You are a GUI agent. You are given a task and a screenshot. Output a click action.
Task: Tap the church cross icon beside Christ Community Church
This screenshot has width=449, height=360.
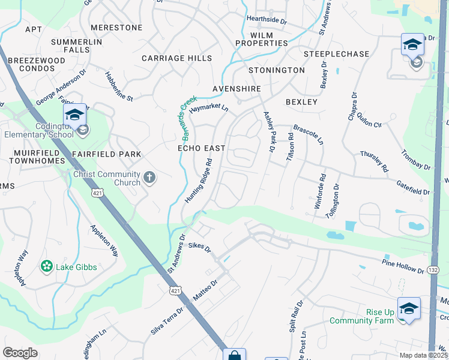pyautogui.click(x=149, y=178)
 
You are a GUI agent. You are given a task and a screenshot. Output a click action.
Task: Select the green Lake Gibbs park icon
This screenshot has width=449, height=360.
pyautogui.click(x=46, y=266)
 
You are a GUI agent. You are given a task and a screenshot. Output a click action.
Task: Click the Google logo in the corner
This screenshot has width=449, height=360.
pyautogui.click(x=20, y=353)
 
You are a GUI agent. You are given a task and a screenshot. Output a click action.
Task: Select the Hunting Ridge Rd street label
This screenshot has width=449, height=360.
pyautogui.click(x=199, y=181)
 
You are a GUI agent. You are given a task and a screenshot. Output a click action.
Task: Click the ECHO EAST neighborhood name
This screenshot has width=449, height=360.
pyautogui.click(x=201, y=148)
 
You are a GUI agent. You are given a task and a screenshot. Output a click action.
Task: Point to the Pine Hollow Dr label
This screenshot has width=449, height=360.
pyautogui.click(x=403, y=266)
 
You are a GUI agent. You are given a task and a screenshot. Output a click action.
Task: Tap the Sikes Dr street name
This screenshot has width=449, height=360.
pyautogui.click(x=199, y=247)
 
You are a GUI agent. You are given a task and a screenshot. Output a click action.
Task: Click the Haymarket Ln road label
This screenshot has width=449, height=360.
pyautogui.click(x=209, y=109)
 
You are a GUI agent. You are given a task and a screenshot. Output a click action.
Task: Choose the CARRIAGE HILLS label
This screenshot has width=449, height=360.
pyautogui.click(x=176, y=58)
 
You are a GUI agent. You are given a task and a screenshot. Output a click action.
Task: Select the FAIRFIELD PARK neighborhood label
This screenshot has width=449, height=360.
pyautogui.click(x=107, y=154)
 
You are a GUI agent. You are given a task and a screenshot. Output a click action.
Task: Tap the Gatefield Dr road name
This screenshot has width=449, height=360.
pyautogui.click(x=412, y=188)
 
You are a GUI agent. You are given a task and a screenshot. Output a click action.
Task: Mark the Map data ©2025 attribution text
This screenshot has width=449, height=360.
pyautogui.click(x=423, y=355)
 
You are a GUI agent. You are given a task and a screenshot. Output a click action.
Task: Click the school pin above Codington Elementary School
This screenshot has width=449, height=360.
pyautogui.click(x=75, y=115)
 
